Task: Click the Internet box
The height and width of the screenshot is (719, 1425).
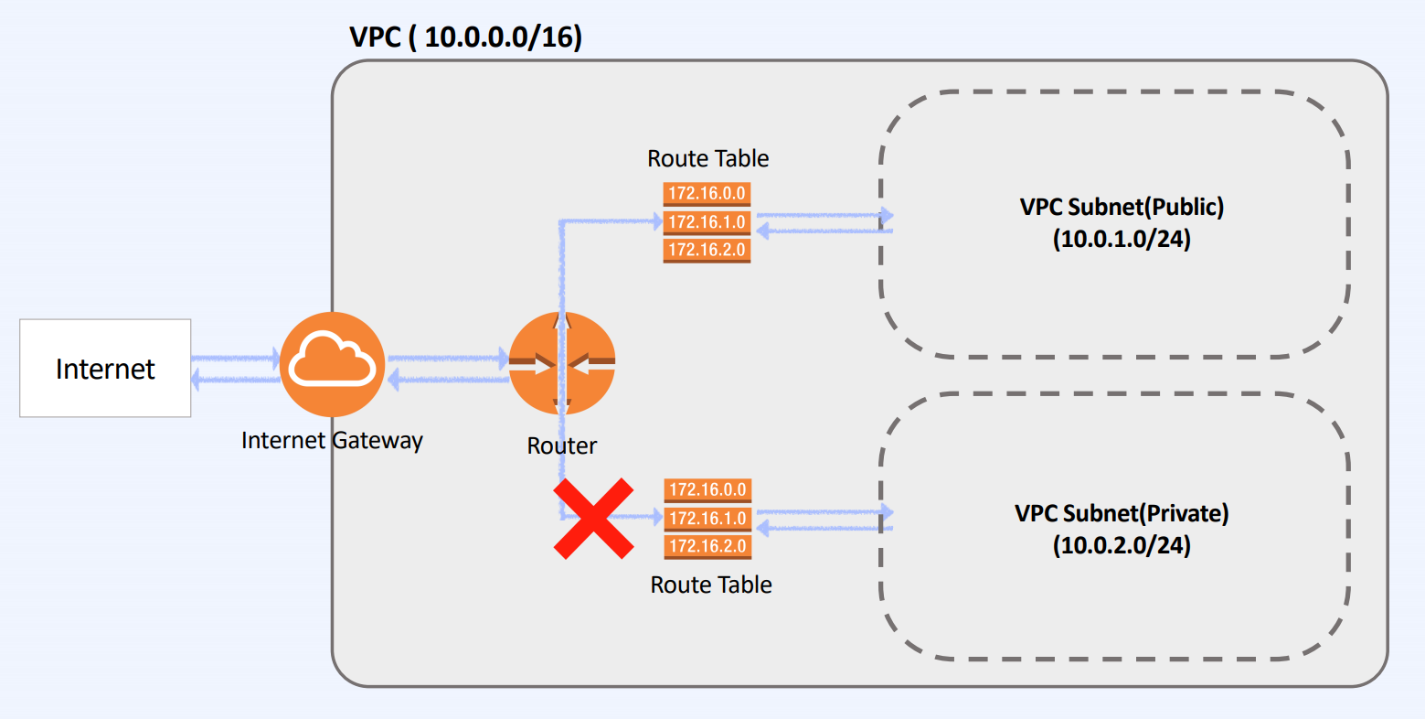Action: [x=105, y=368]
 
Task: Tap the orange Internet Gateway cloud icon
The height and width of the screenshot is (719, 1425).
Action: [x=332, y=364]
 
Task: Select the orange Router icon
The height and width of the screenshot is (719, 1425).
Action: [x=561, y=363]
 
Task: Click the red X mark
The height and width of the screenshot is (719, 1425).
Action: [x=593, y=518]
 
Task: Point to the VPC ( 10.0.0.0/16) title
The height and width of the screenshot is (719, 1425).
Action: [x=465, y=38]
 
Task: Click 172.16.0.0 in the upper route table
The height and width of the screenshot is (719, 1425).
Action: [x=707, y=193]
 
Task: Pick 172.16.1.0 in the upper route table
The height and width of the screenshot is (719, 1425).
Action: [x=707, y=221]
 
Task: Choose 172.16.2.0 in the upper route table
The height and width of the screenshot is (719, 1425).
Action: [x=707, y=250]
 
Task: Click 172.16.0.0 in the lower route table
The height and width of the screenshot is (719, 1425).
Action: [x=707, y=489]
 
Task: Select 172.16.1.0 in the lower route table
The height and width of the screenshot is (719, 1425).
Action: [x=707, y=518]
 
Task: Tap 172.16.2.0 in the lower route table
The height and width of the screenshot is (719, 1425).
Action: [x=707, y=546]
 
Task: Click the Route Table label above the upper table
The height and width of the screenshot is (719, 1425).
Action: [x=707, y=158]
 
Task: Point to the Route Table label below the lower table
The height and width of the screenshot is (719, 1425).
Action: [x=710, y=585]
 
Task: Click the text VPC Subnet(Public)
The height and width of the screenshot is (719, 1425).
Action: [x=1122, y=207]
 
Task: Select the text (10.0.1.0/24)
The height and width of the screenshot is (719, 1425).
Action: [x=1122, y=239]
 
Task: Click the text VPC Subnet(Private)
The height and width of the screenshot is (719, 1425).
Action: [x=1122, y=513]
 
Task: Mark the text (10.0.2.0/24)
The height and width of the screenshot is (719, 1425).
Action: [x=1122, y=545]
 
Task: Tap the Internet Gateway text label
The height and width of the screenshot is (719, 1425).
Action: [x=332, y=440]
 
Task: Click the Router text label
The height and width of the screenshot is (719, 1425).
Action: [x=561, y=445]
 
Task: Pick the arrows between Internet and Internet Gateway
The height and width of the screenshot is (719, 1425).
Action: [x=235, y=368]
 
